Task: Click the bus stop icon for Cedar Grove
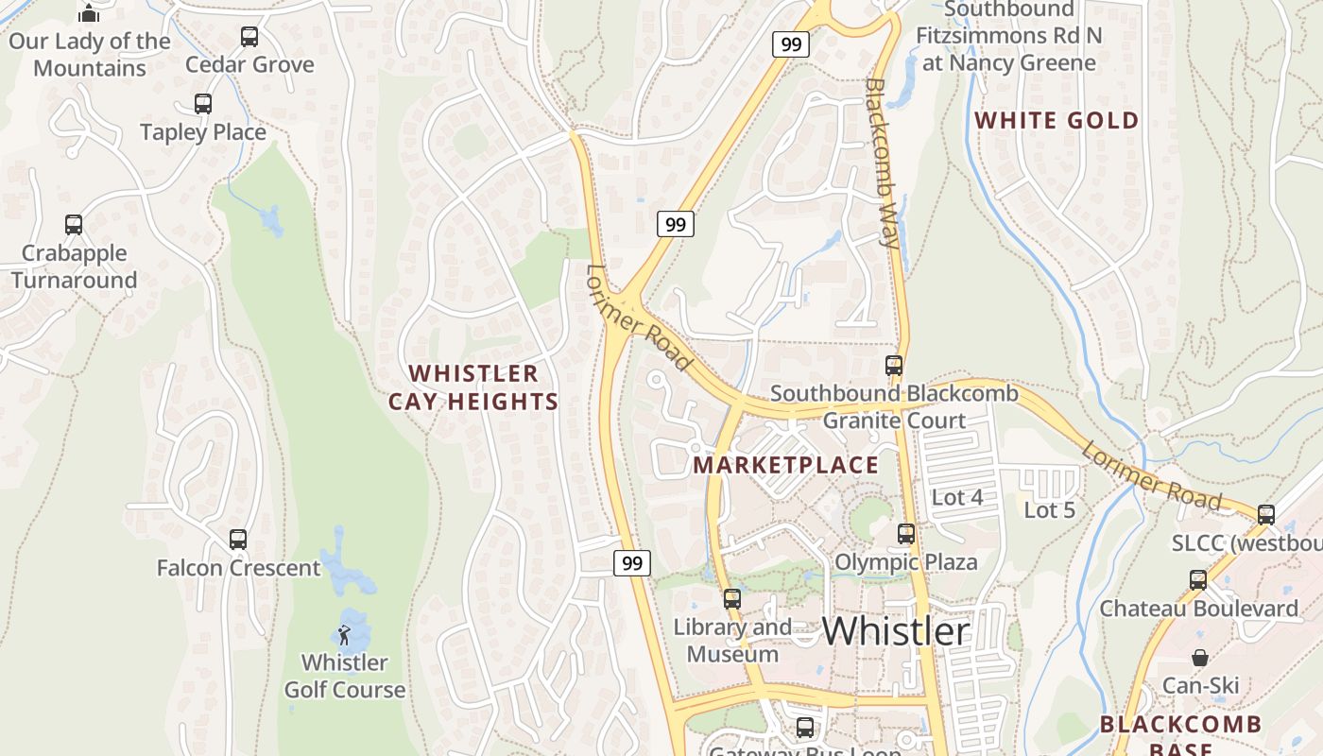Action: pos(249,37)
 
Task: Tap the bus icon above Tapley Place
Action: pos(203,104)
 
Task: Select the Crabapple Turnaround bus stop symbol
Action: pos(74,225)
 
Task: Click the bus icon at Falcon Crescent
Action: pos(238,540)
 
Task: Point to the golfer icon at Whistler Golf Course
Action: pos(344,634)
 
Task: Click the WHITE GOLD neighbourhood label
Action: pos(1057,121)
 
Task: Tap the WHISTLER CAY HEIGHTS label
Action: pos(473,387)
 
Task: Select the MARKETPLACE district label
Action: pos(785,465)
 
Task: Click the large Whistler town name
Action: pos(895,631)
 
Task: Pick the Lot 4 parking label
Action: pos(957,497)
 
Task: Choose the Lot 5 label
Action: pos(1050,510)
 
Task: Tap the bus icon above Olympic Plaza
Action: pos(906,534)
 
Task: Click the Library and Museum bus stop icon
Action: pos(732,598)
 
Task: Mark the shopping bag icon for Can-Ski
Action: pos(1199,658)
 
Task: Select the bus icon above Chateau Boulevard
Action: pos(1198,580)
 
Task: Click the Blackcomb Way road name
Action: pos(883,163)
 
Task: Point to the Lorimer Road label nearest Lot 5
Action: pos(1151,475)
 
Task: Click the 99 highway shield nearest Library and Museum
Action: pos(631,563)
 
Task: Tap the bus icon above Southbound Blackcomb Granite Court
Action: pos(893,366)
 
